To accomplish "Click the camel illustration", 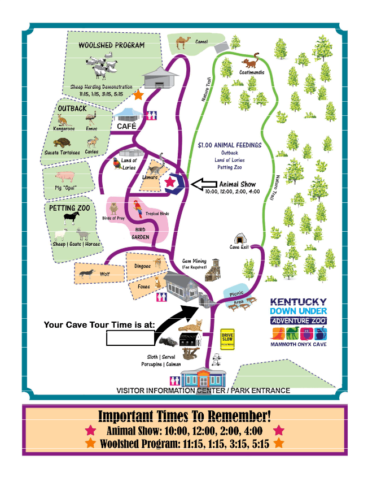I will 182,42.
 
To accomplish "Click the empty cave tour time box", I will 130,338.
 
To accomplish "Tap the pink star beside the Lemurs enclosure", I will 170,182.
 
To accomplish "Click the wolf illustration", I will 87,274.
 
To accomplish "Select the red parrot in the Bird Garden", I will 138,210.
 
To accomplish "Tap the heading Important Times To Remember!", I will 184,417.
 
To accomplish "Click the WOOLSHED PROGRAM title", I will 111,45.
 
